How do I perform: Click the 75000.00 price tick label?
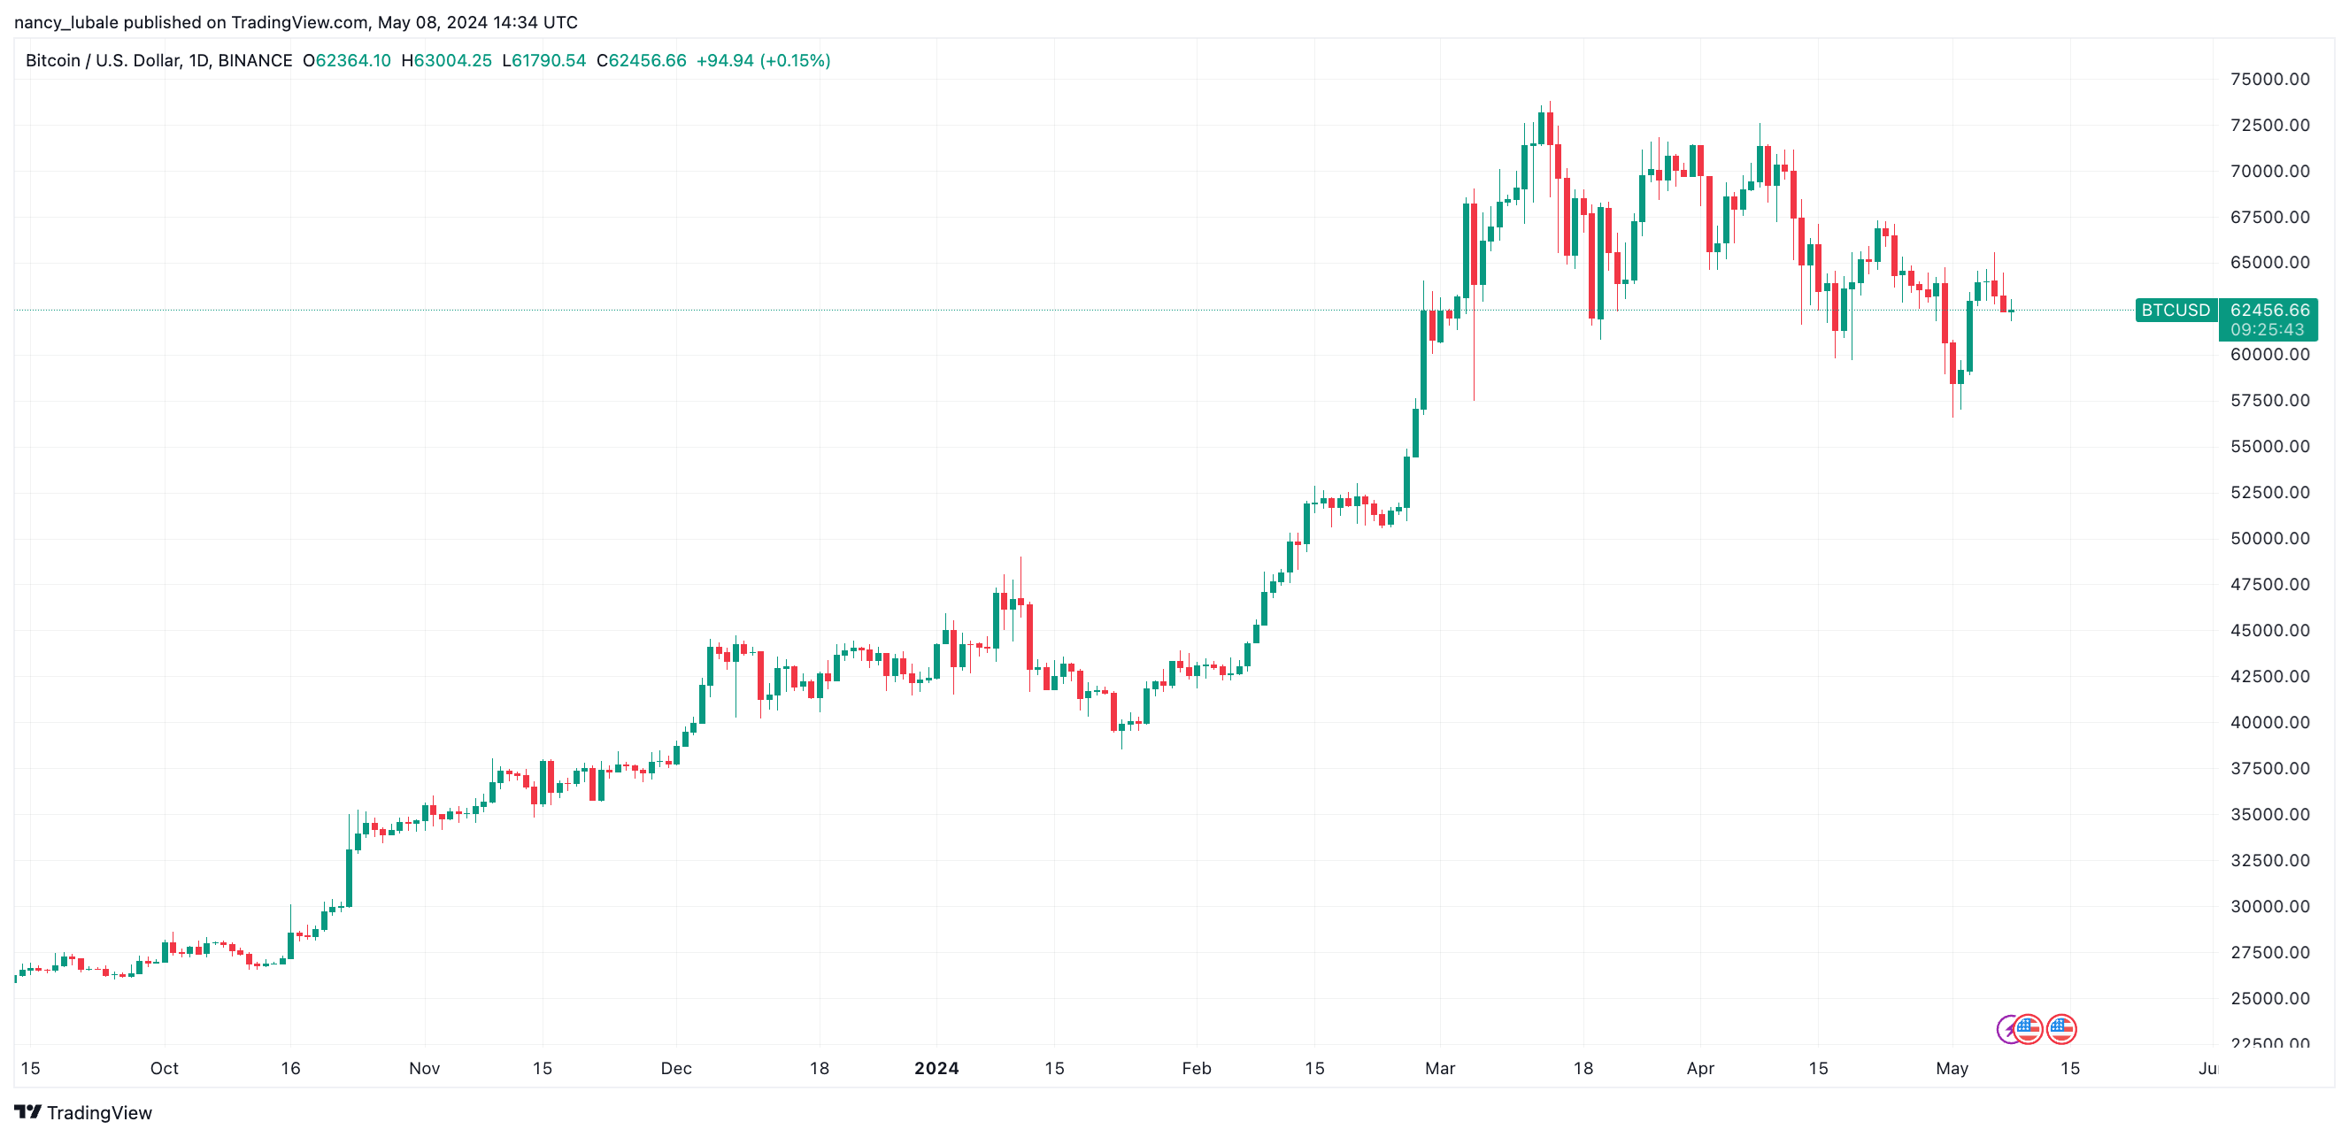point(2268,80)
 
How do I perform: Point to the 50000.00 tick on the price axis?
point(2268,538)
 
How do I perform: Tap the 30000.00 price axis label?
point(2268,906)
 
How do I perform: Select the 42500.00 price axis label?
point(2268,677)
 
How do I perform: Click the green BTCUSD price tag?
point(2175,310)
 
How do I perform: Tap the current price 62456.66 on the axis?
point(2268,310)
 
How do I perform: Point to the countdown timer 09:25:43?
point(2267,330)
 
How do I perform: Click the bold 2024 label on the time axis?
point(936,1068)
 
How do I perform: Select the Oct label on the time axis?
point(164,1068)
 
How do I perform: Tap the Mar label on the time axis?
point(1440,1068)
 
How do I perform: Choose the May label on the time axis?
point(1952,1068)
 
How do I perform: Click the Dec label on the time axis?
point(675,1068)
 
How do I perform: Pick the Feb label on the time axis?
point(1196,1068)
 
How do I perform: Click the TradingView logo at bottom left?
point(83,1112)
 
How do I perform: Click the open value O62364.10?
point(347,61)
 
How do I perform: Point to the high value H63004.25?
point(446,61)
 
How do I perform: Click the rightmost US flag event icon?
point(2060,1029)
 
